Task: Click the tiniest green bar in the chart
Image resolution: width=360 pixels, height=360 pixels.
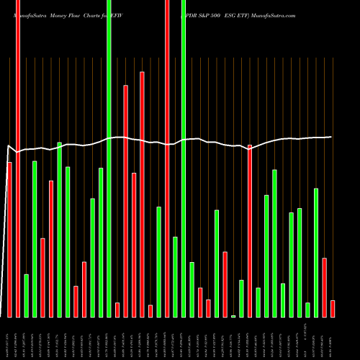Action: coord(233,316)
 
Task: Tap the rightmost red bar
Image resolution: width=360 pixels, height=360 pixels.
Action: coord(333,308)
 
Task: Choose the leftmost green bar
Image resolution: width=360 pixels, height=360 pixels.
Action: coord(27,295)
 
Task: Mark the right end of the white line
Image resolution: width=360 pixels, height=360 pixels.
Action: coord(331,137)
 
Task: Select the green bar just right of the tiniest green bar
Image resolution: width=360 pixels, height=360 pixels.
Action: coord(242,298)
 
